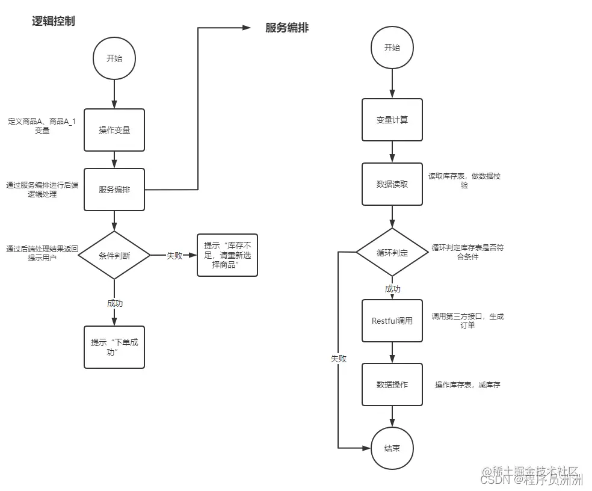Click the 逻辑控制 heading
coord(54,22)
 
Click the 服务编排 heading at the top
coord(287,28)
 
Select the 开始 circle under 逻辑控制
coord(114,58)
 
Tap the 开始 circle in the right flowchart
coord(392,48)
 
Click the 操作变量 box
coord(114,129)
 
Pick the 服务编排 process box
coord(114,190)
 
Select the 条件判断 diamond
coord(114,255)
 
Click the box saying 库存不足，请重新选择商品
coord(227,255)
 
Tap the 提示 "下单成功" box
coord(114,347)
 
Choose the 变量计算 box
coord(392,120)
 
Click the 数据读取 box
coord(392,184)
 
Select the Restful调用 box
coord(392,321)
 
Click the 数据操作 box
coord(392,384)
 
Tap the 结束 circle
coord(392,448)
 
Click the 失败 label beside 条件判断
coord(174,255)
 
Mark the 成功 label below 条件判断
coord(114,303)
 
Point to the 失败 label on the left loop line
coord(339,358)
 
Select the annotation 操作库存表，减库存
coord(467,384)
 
